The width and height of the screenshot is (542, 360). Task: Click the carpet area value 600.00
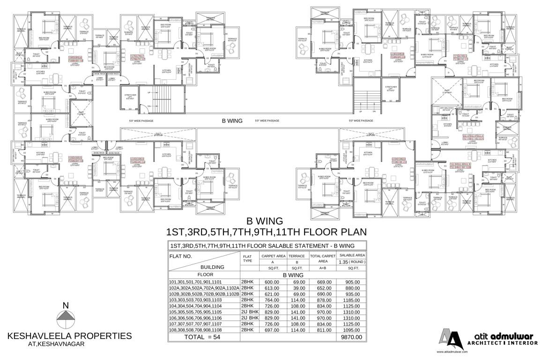coord(272,282)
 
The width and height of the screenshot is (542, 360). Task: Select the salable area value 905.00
coord(353,282)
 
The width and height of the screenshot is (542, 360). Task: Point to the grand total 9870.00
coord(352,337)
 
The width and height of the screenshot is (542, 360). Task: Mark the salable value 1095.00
coord(353,330)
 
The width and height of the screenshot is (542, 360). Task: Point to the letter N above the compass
coord(66,306)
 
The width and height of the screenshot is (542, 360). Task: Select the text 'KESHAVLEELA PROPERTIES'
coord(69,336)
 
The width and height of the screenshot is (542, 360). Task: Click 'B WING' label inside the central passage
coord(232,120)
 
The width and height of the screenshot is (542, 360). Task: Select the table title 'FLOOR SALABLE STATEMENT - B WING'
coord(261,246)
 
